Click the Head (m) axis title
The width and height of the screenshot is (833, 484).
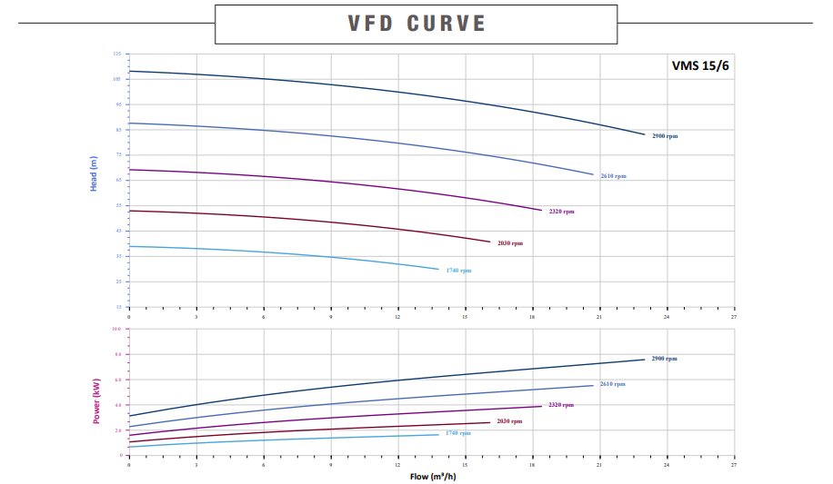tap(94, 173)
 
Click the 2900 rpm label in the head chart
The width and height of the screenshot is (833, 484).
tap(664, 136)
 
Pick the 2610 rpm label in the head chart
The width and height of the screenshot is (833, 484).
tap(613, 176)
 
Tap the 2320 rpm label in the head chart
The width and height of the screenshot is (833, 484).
tap(561, 212)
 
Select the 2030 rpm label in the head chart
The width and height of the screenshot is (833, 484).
tap(509, 243)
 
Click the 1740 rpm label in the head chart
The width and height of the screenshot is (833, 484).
tap(458, 271)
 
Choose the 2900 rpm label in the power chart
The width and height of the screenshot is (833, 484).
tap(664, 359)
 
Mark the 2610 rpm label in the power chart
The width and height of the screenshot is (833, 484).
tap(612, 384)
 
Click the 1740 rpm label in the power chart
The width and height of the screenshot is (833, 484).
tap(457, 433)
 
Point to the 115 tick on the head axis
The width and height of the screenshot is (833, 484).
tap(116, 54)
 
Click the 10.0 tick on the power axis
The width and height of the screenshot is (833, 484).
tap(115, 329)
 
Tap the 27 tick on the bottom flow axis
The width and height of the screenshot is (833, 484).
tap(733, 465)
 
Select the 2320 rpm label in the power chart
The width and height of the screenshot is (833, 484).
tap(560, 405)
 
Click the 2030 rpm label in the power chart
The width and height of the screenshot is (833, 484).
tap(509, 421)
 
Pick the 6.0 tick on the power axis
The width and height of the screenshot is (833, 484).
tap(116, 380)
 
